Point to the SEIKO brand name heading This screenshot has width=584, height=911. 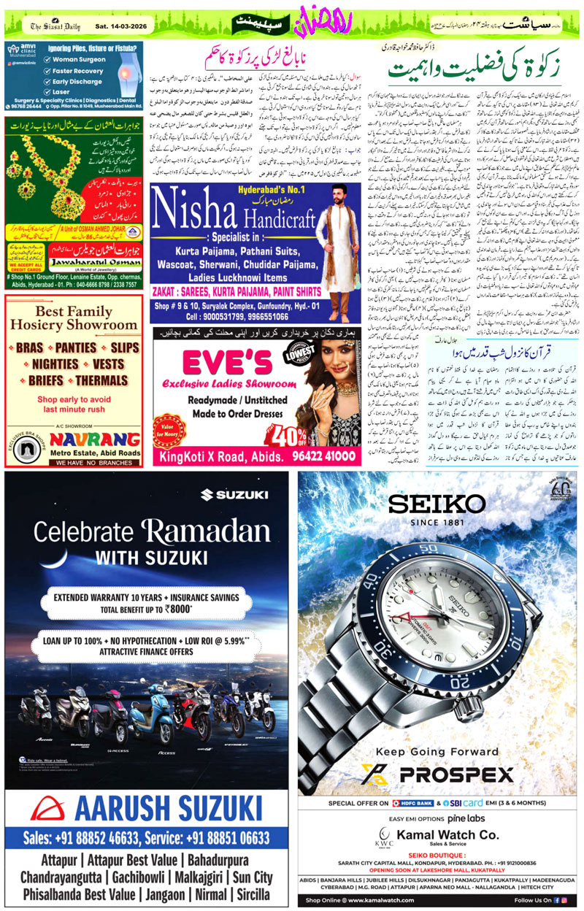click(x=436, y=504)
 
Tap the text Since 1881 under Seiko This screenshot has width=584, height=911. click(x=437, y=523)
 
